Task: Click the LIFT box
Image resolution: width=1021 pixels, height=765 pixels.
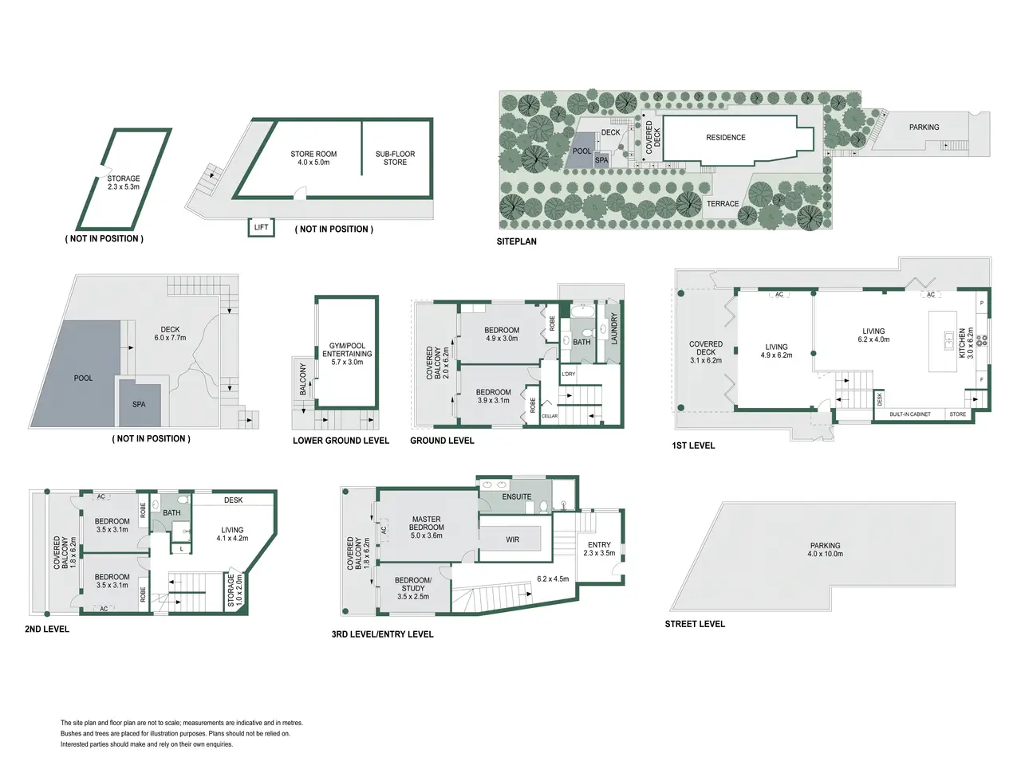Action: (x=261, y=227)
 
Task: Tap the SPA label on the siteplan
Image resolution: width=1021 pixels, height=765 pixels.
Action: (x=601, y=160)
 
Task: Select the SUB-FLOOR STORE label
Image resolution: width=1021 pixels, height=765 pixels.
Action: (x=395, y=158)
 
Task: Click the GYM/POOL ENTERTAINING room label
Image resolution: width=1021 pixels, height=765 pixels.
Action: (x=347, y=354)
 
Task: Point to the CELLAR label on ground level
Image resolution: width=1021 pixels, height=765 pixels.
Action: (x=550, y=416)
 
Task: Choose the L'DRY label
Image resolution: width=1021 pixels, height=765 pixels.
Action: (x=569, y=374)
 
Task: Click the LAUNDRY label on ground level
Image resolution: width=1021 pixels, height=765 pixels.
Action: (x=613, y=329)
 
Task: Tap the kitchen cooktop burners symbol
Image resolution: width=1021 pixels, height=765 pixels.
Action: (x=981, y=340)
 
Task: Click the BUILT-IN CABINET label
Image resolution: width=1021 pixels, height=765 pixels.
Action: (x=910, y=414)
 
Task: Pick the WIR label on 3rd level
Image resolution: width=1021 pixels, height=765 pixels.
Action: (x=512, y=539)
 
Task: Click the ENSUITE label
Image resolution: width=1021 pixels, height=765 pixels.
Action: (x=516, y=496)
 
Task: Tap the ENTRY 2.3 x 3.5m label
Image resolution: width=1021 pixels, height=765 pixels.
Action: (x=599, y=548)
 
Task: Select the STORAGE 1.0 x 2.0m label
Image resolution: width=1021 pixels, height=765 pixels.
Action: (x=235, y=590)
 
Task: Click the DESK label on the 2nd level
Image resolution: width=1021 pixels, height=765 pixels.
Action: (x=233, y=500)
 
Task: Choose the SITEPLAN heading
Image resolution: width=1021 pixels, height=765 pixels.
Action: (x=516, y=241)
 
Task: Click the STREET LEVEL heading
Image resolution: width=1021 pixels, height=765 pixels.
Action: (x=695, y=624)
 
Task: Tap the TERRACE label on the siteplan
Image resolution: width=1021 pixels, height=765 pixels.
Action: (x=723, y=204)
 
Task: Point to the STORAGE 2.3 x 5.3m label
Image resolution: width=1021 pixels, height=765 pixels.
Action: (x=124, y=182)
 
